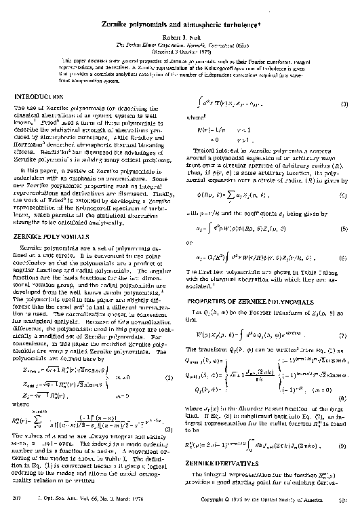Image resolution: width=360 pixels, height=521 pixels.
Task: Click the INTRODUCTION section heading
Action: tap(41, 98)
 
